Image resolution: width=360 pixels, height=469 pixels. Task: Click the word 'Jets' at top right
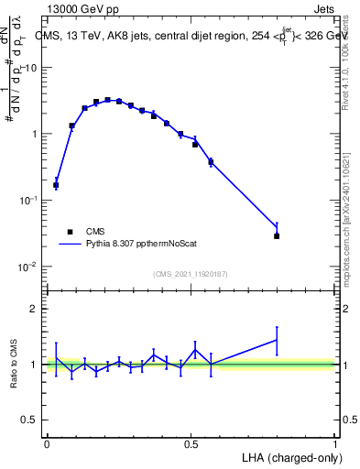[x=323, y=9]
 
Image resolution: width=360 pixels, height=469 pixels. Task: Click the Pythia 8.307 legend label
[x=137, y=245]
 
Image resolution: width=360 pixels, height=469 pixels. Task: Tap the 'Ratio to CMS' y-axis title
[x=12, y=363]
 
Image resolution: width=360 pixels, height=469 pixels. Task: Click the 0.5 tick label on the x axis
[x=191, y=443]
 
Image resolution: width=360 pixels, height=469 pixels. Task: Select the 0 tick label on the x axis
[x=47, y=443]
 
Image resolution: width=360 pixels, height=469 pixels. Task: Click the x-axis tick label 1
[x=335, y=443]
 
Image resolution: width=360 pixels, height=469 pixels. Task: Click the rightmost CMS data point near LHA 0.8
[x=277, y=236]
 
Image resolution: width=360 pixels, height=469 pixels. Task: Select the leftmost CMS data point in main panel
[x=56, y=185]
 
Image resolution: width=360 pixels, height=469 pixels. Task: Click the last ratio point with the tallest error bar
[x=277, y=340]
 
